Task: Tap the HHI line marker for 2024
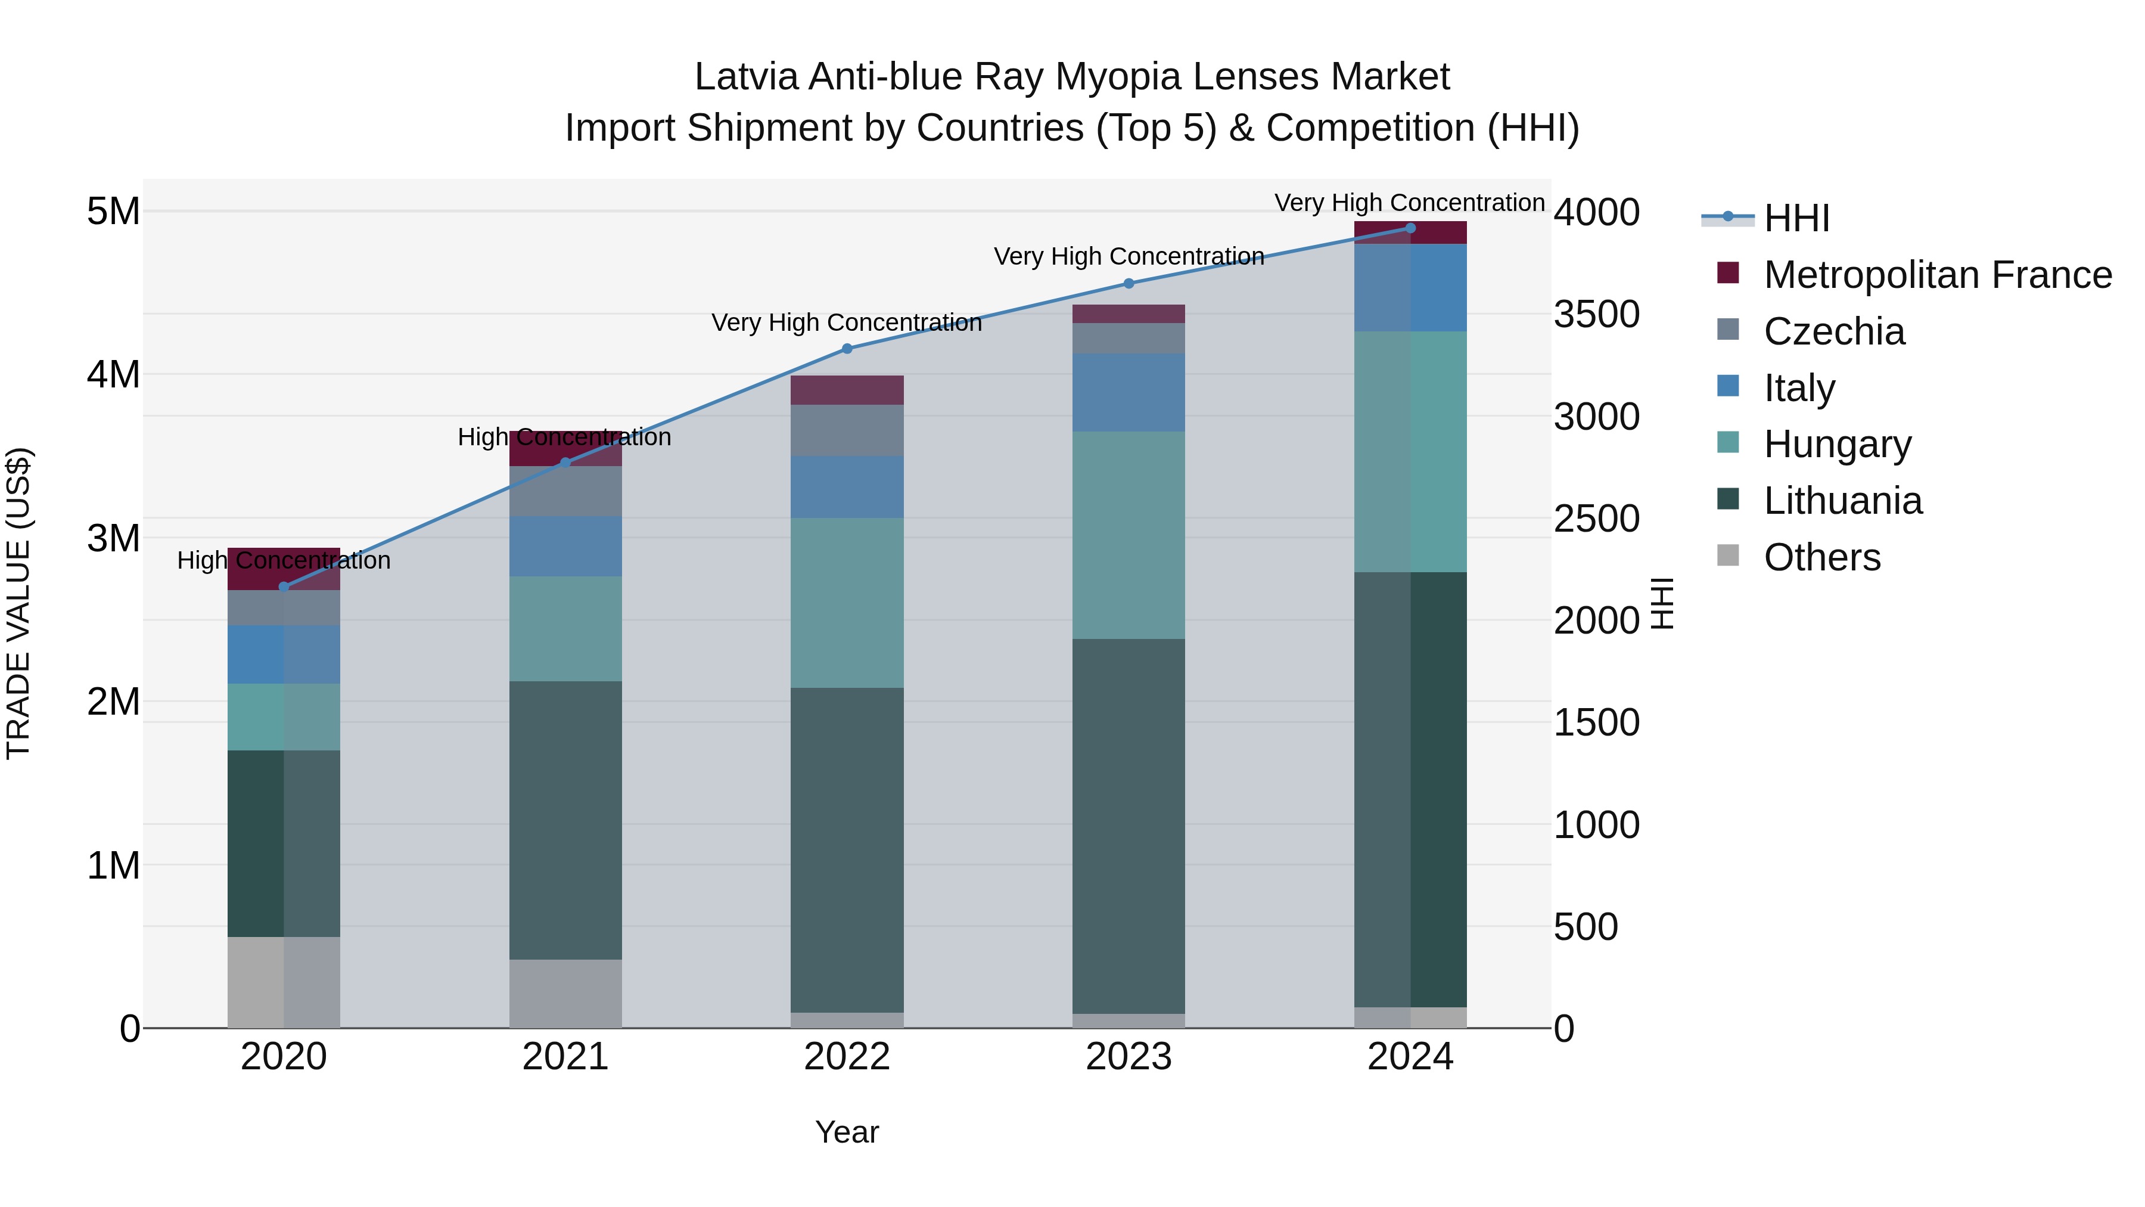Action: [1410, 228]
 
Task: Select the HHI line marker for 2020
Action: [284, 587]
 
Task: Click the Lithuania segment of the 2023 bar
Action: [1129, 826]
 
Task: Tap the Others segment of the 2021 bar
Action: [565, 993]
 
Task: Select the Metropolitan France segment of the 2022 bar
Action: [847, 390]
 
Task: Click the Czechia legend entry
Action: [1833, 331]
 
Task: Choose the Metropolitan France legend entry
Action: [1937, 275]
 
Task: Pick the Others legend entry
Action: [1822, 557]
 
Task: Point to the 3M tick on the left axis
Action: [113, 538]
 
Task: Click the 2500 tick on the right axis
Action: [1596, 519]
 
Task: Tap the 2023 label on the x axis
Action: [1129, 1057]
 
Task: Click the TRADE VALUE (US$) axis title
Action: [18, 603]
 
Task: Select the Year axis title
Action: [847, 1132]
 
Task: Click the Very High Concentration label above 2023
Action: [1129, 256]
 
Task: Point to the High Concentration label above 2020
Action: [284, 561]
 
